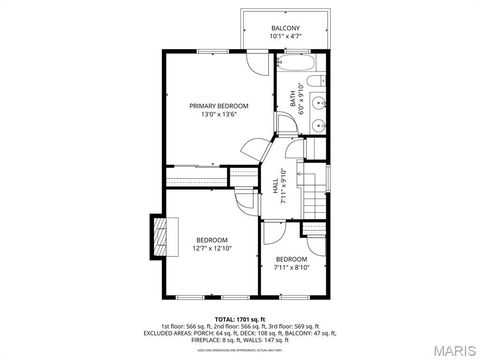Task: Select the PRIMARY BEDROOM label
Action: click(219, 105)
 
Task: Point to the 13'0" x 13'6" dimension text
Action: click(219, 114)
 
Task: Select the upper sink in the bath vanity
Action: click(317, 102)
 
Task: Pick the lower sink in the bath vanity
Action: click(317, 126)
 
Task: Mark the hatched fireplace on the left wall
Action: click(156, 237)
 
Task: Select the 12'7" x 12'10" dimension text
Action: click(212, 249)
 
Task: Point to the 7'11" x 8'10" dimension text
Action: click(292, 267)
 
